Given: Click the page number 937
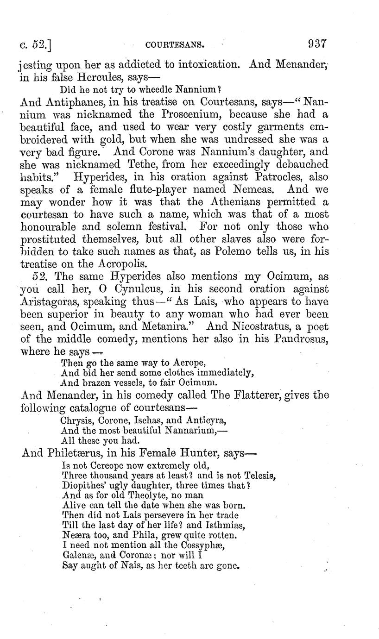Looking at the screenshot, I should pos(317,44).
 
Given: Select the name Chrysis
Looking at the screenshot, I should pos(76,420).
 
